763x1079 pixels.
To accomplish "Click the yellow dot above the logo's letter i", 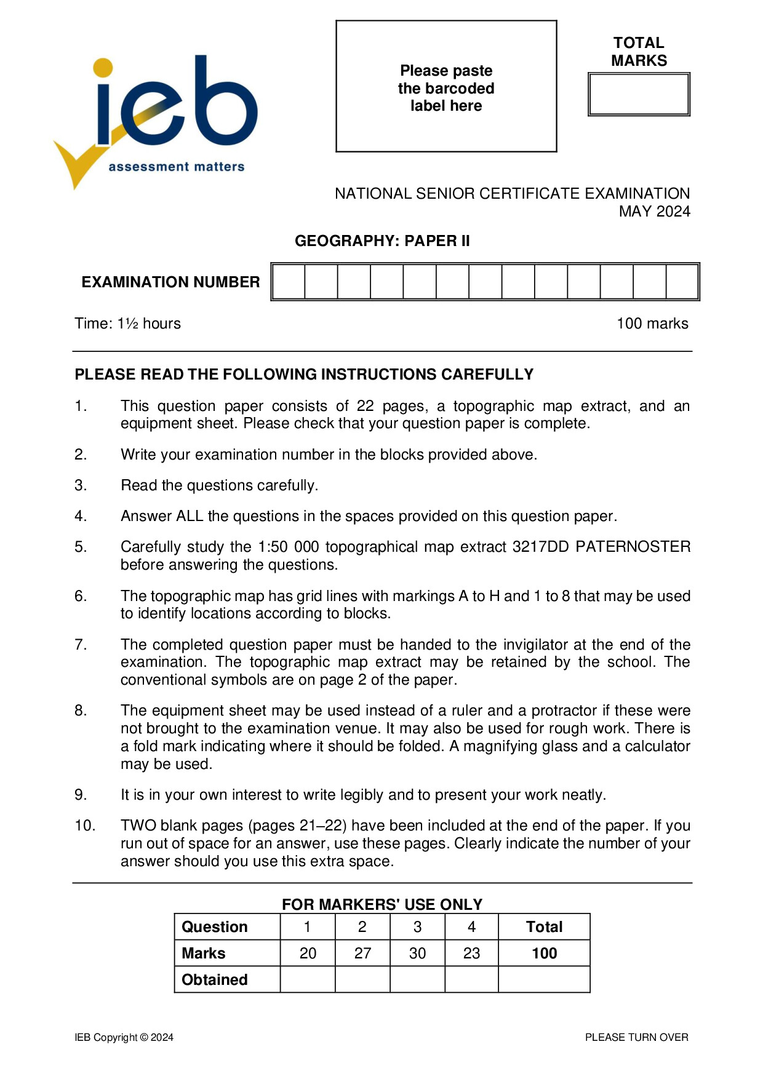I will (103, 68).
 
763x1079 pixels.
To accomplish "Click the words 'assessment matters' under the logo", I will (176, 167).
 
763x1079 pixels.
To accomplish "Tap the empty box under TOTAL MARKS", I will (639, 94).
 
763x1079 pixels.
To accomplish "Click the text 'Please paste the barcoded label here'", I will (446, 88).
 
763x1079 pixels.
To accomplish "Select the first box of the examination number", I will (289, 282).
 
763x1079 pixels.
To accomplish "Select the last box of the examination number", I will (682, 282).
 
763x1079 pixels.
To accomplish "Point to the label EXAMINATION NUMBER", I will (170, 282).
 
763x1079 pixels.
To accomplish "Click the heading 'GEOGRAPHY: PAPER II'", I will (382, 241).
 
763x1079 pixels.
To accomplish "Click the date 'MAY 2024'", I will (654, 211).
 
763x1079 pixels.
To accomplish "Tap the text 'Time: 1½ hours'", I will (128, 324).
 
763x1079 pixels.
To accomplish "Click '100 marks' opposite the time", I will (652, 324).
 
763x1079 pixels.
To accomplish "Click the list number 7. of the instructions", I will (81, 645).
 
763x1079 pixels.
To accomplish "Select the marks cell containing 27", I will (362, 953).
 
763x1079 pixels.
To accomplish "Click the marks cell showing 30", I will (417, 953).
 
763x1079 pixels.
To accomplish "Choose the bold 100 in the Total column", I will (544, 953).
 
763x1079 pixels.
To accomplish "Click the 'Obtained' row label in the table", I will (214, 979).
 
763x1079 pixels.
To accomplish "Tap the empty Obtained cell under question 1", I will (308, 979).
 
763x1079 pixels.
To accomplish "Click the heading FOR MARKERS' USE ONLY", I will (382, 904).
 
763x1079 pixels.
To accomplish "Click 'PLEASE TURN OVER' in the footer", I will (636, 1037).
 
